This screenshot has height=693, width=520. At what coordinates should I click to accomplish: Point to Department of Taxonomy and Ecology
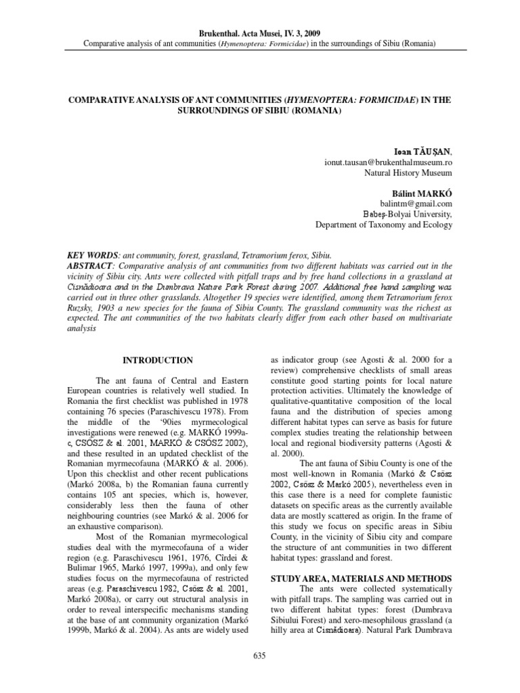point(384,224)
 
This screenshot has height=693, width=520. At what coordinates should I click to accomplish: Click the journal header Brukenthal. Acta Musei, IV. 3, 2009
point(260,33)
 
